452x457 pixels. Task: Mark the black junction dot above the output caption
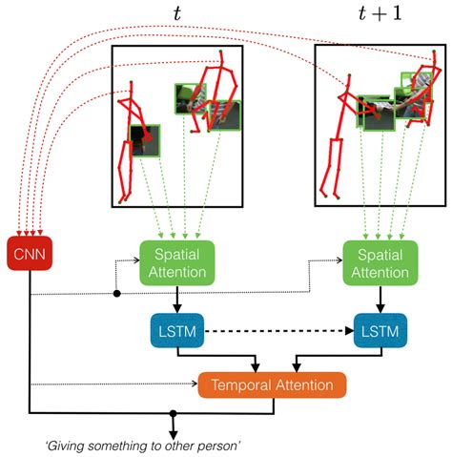click(173, 414)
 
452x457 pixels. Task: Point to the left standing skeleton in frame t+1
click(339, 143)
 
